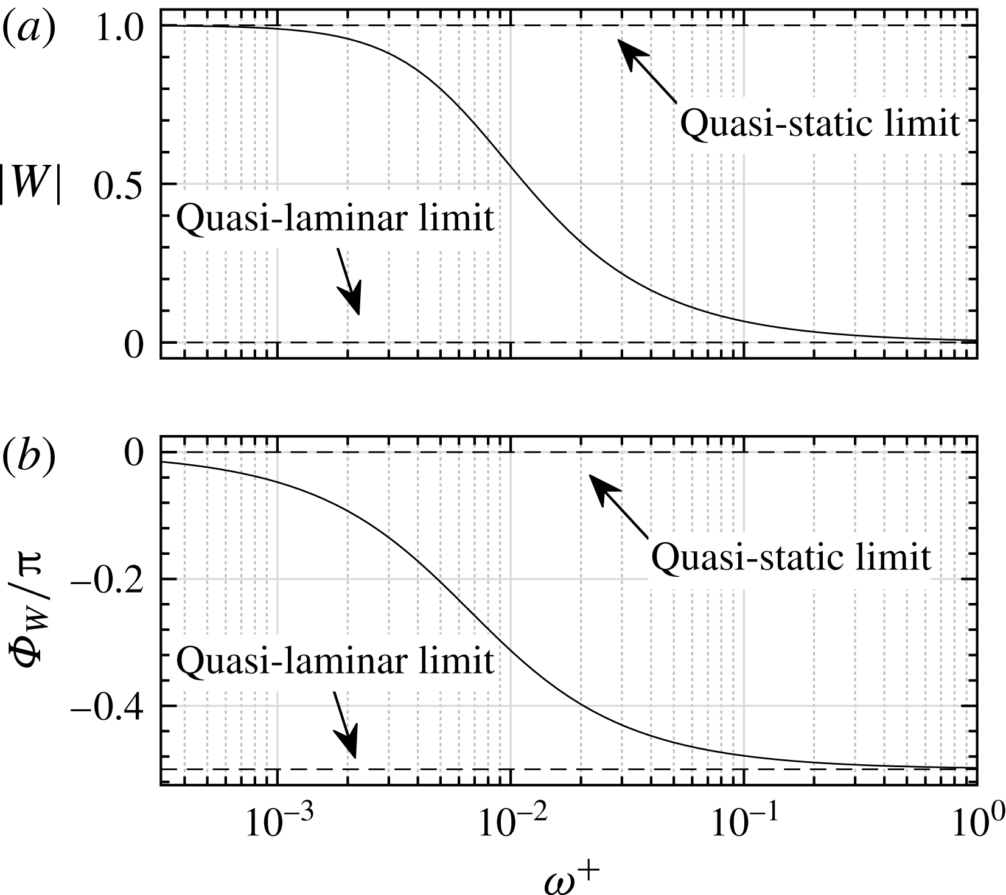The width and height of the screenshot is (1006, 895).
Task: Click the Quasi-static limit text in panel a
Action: [x=819, y=124]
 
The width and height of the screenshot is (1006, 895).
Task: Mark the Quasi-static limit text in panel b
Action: [x=791, y=557]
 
